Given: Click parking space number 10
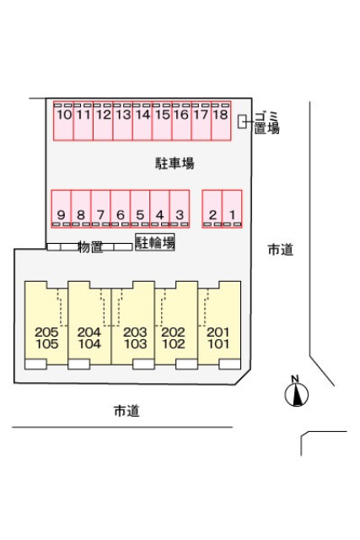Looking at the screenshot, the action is click(63, 121).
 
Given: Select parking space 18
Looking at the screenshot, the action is click(221, 121).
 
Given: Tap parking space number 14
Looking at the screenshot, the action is click(142, 121).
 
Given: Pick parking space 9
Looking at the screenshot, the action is click(62, 208).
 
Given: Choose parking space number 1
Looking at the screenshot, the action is click(232, 208).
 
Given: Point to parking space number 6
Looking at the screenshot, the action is click(121, 208).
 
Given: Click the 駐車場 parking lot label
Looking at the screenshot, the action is click(175, 163).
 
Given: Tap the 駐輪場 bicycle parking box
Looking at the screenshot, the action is click(155, 242).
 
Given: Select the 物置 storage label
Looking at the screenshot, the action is click(90, 247).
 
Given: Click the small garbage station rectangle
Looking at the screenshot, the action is click(242, 121).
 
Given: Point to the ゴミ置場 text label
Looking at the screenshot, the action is click(266, 122).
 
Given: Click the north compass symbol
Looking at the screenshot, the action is click(296, 391).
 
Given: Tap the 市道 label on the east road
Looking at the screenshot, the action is click(281, 250).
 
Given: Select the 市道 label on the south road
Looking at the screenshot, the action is click(126, 411).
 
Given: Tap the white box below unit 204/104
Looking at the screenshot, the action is click(78, 364).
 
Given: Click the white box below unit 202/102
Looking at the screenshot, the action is click(186, 364).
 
